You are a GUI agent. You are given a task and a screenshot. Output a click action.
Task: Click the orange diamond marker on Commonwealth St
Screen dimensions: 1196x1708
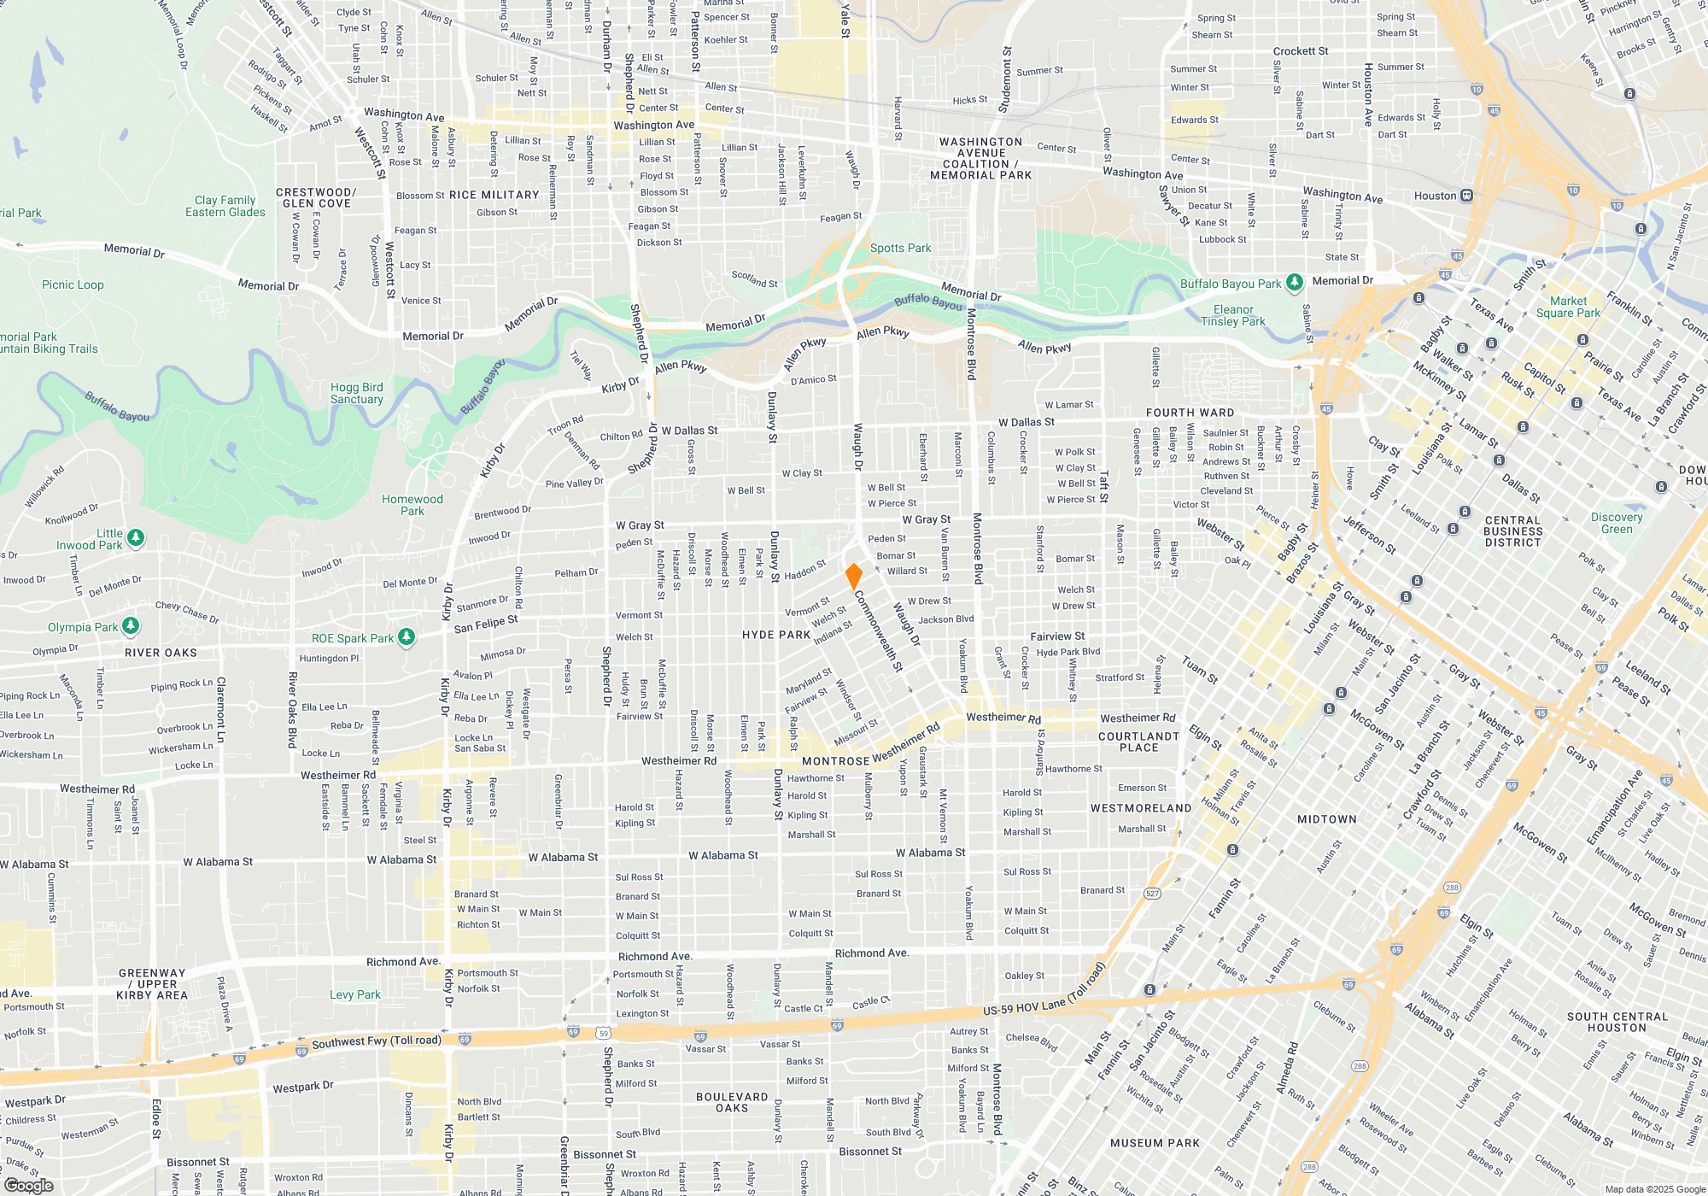[853, 576]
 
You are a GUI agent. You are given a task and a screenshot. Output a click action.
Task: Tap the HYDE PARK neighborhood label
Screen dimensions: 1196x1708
[775, 635]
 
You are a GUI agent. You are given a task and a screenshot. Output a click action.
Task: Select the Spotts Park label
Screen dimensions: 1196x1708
[900, 248]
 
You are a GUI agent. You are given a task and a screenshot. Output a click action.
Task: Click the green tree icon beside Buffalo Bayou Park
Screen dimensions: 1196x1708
[1295, 282]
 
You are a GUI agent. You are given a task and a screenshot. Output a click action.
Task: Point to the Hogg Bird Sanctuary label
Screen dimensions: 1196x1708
[356, 393]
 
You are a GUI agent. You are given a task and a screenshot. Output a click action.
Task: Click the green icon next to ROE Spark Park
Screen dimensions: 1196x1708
[407, 637]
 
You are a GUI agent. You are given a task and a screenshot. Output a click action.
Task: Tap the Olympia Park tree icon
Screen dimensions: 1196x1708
[130, 626]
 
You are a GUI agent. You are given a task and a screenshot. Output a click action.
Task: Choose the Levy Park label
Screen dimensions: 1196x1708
[354, 994]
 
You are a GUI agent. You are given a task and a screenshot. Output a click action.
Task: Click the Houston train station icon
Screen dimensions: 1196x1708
[1466, 196]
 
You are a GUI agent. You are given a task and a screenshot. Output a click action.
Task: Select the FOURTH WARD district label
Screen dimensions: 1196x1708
[1190, 413]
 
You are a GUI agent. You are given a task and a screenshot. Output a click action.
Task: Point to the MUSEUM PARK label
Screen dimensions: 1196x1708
[1155, 1143]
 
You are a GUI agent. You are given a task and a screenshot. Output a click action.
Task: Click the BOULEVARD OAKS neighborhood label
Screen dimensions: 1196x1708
[732, 1102]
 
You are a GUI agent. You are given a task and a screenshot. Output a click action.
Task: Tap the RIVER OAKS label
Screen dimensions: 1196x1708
[161, 653]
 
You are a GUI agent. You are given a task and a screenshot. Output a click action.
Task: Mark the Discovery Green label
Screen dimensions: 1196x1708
[1617, 523]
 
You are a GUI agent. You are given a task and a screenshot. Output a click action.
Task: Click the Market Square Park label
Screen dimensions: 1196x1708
[1568, 307]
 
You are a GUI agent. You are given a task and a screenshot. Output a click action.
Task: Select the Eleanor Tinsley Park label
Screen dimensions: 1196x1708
[1233, 315]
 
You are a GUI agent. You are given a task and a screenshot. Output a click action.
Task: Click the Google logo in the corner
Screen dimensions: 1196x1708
[29, 1185]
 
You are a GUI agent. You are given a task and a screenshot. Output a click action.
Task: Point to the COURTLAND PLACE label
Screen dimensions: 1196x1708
[1138, 742]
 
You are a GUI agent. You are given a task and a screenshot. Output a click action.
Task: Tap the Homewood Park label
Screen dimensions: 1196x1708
[412, 505]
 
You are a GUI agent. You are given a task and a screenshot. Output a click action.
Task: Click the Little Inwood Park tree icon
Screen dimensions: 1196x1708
[136, 537]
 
